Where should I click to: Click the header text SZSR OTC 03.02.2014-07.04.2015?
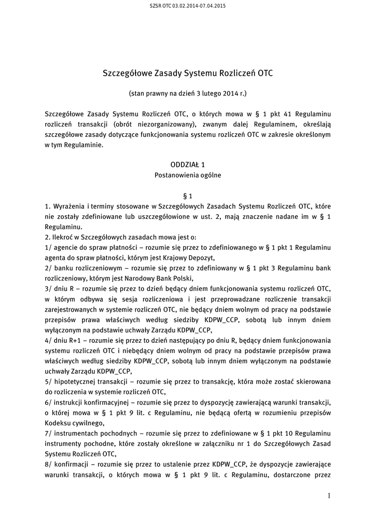coord(188,6)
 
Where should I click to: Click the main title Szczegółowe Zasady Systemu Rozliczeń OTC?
coord(188,73)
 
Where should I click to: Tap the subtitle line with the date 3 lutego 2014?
coord(188,94)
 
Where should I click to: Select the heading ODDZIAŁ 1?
coord(188,164)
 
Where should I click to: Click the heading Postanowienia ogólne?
coord(188,175)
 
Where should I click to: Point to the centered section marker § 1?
coord(188,197)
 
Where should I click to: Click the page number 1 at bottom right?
coord(329,496)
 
